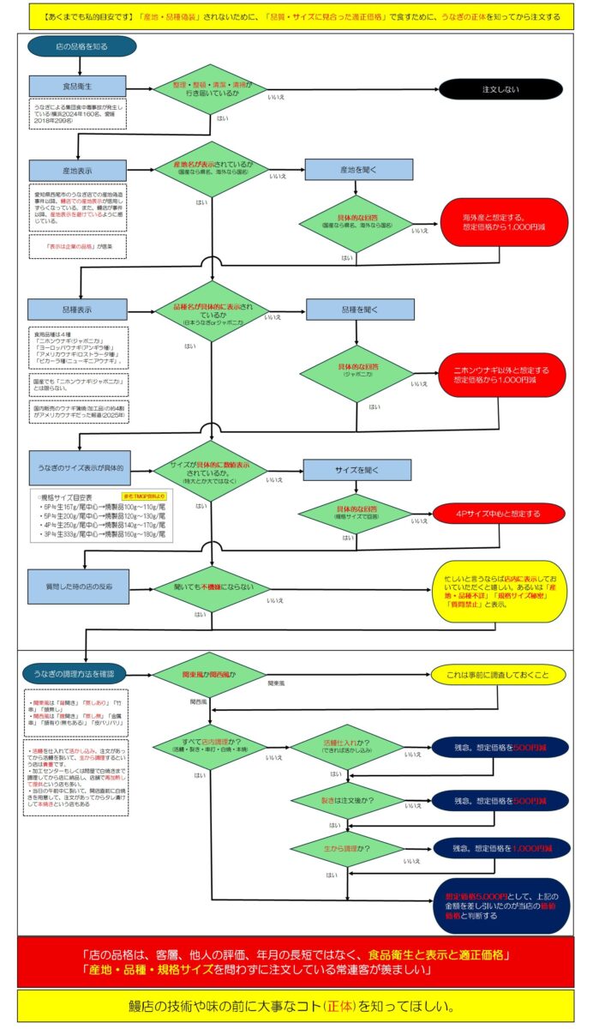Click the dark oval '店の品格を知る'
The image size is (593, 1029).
69,46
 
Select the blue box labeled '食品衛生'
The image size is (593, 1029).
78,87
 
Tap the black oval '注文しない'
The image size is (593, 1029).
500,88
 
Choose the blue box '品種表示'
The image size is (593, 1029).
78,309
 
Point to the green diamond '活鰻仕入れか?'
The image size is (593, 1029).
346,747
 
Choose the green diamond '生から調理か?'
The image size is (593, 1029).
346,848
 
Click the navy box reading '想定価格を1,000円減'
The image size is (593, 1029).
500,848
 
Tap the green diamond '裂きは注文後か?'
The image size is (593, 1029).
346,799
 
